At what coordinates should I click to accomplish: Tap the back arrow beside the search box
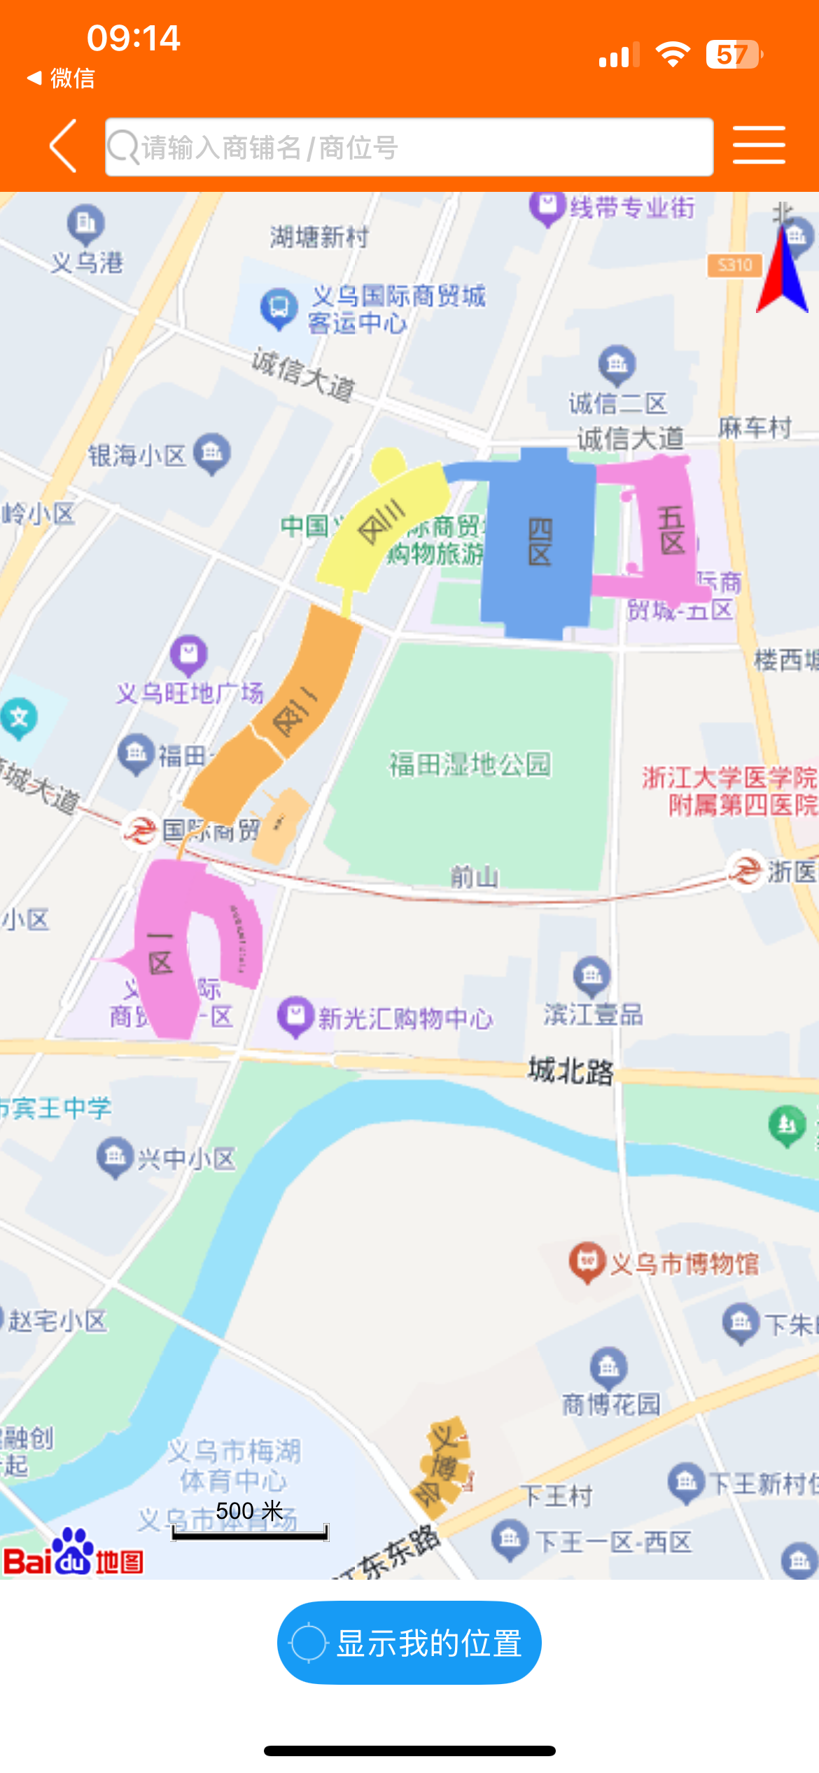(63, 146)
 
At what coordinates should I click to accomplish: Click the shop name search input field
(409, 148)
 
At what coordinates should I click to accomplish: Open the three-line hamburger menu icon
(759, 146)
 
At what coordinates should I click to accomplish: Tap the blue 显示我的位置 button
(409, 1642)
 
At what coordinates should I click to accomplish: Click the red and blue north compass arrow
(783, 273)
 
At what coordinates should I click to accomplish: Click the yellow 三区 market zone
(381, 522)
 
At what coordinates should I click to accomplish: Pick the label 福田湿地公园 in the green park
(470, 764)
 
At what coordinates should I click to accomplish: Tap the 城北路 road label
(570, 1071)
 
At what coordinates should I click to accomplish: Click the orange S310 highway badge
(734, 265)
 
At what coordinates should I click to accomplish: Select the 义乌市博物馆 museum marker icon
(587, 1261)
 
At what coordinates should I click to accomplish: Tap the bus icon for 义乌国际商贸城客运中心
(279, 307)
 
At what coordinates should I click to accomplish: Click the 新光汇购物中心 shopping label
(405, 1018)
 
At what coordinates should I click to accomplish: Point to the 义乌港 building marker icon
(86, 223)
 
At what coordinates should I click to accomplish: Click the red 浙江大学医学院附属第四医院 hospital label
(729, 791)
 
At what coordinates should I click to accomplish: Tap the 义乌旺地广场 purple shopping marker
(188, 654)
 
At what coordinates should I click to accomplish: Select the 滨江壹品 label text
(594, 1014)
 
